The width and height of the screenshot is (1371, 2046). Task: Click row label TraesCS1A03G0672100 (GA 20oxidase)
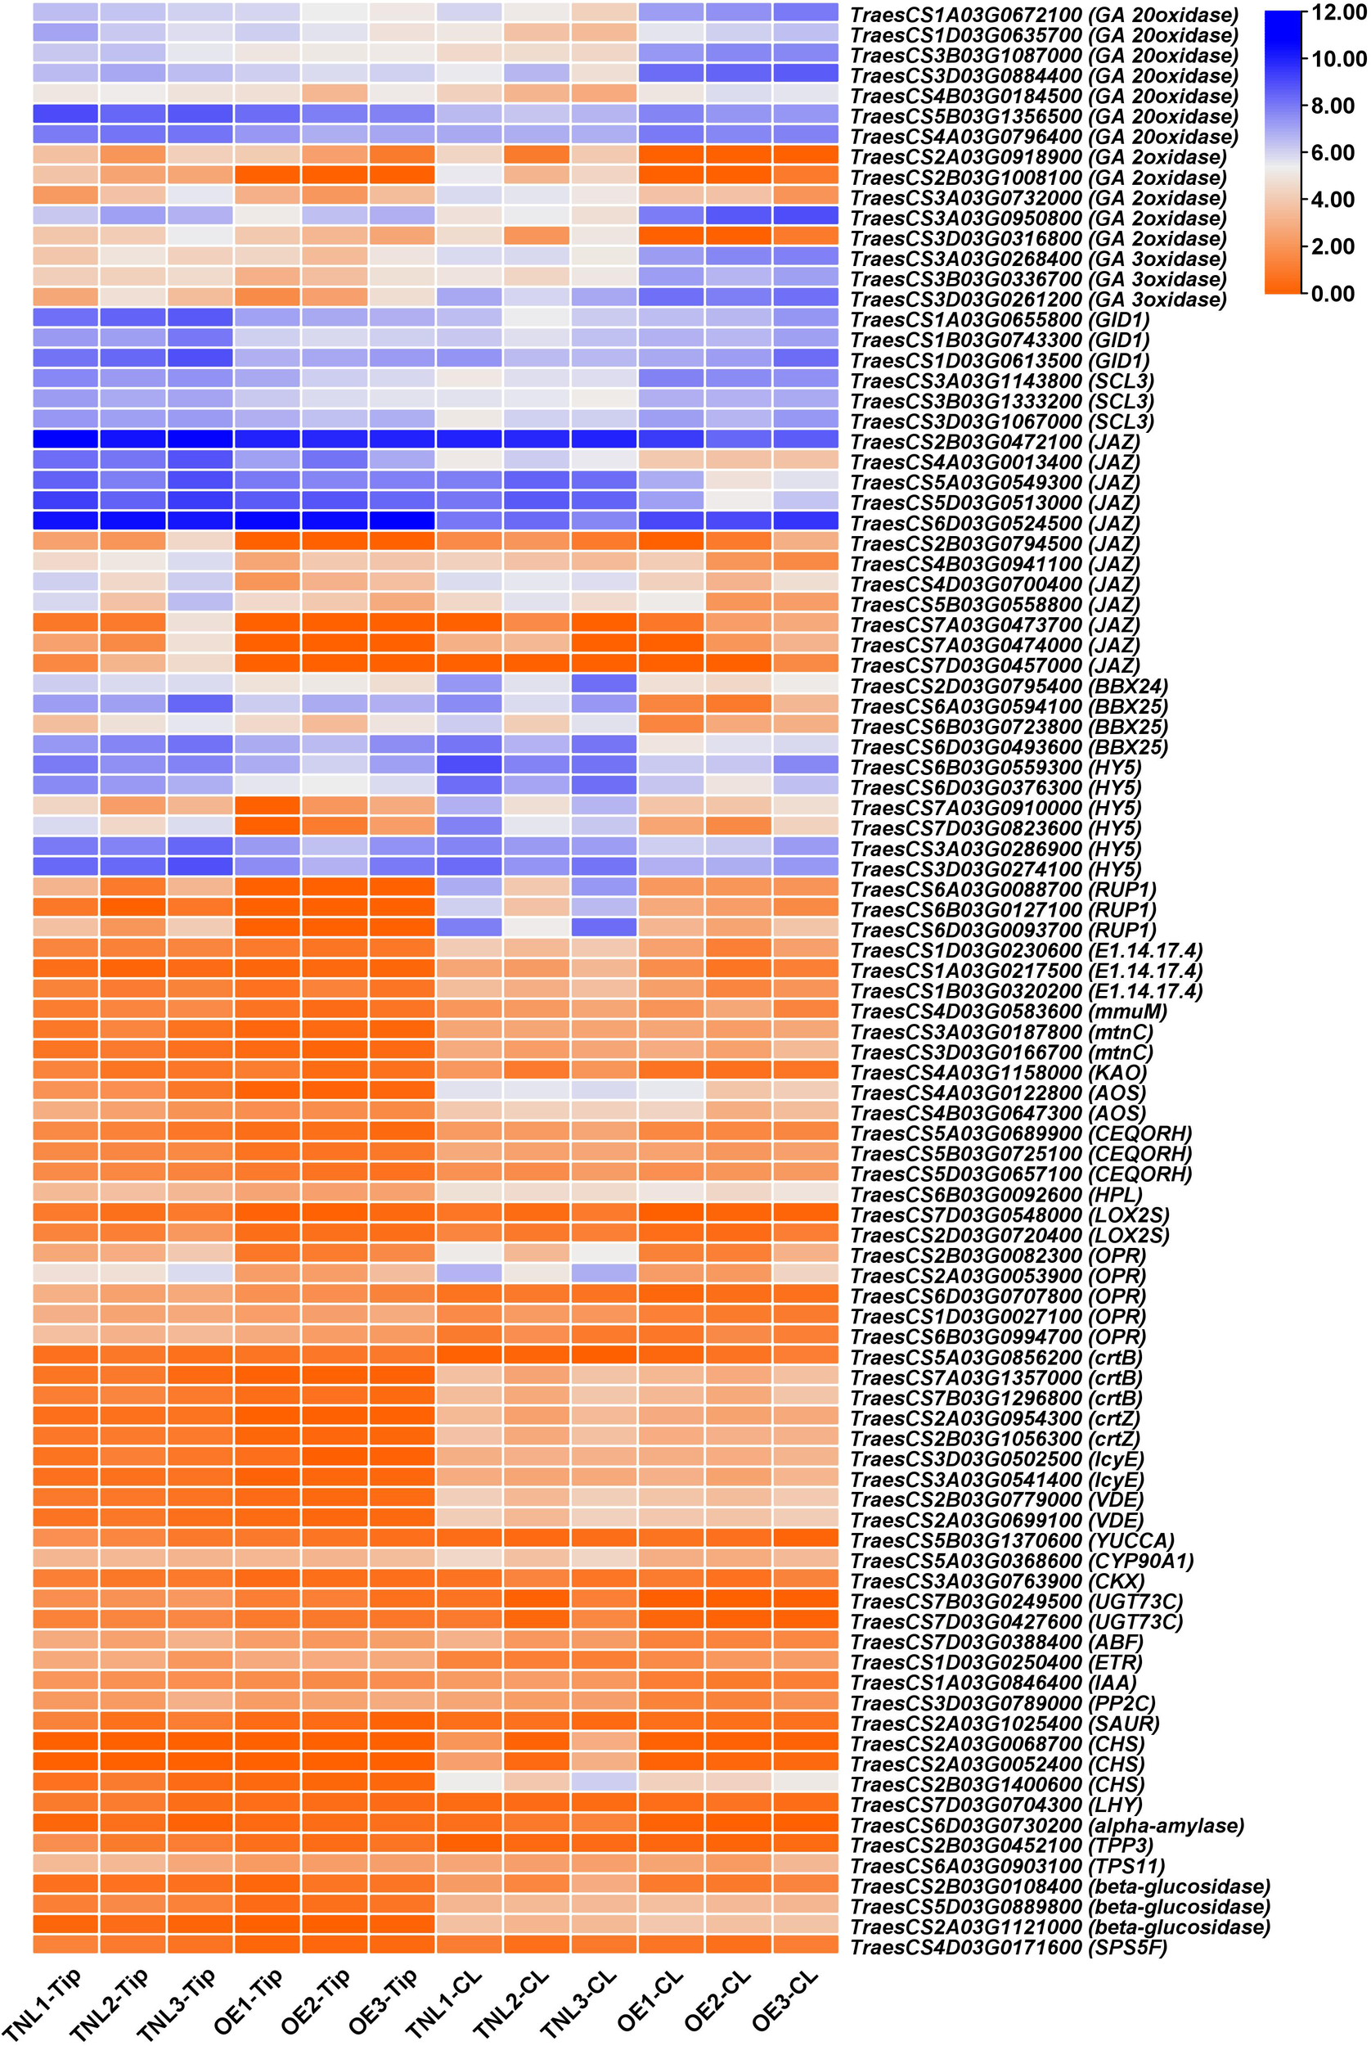pyautogui.click(x=1044, y=15)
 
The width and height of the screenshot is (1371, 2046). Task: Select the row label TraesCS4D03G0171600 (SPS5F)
pyautogui.click(x=1008, y=1947)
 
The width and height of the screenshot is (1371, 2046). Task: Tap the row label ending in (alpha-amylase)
pyautogui.click(x=1046, y=1826)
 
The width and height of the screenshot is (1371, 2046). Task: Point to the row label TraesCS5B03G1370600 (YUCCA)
pyautogui.click(x=1012, y=1540)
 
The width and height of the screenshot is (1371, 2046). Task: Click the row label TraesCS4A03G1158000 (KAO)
pyautogui.click(x=998, y=1072)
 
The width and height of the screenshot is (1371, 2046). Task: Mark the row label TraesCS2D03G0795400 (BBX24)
pyautogui.click(x=1009, y=686)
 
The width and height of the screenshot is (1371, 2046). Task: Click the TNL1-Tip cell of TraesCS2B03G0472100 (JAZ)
pyautogui.click(x=65, y=439)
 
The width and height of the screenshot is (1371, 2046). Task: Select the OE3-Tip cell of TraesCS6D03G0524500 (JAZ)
pyautogui.click(x=402, y=521)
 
